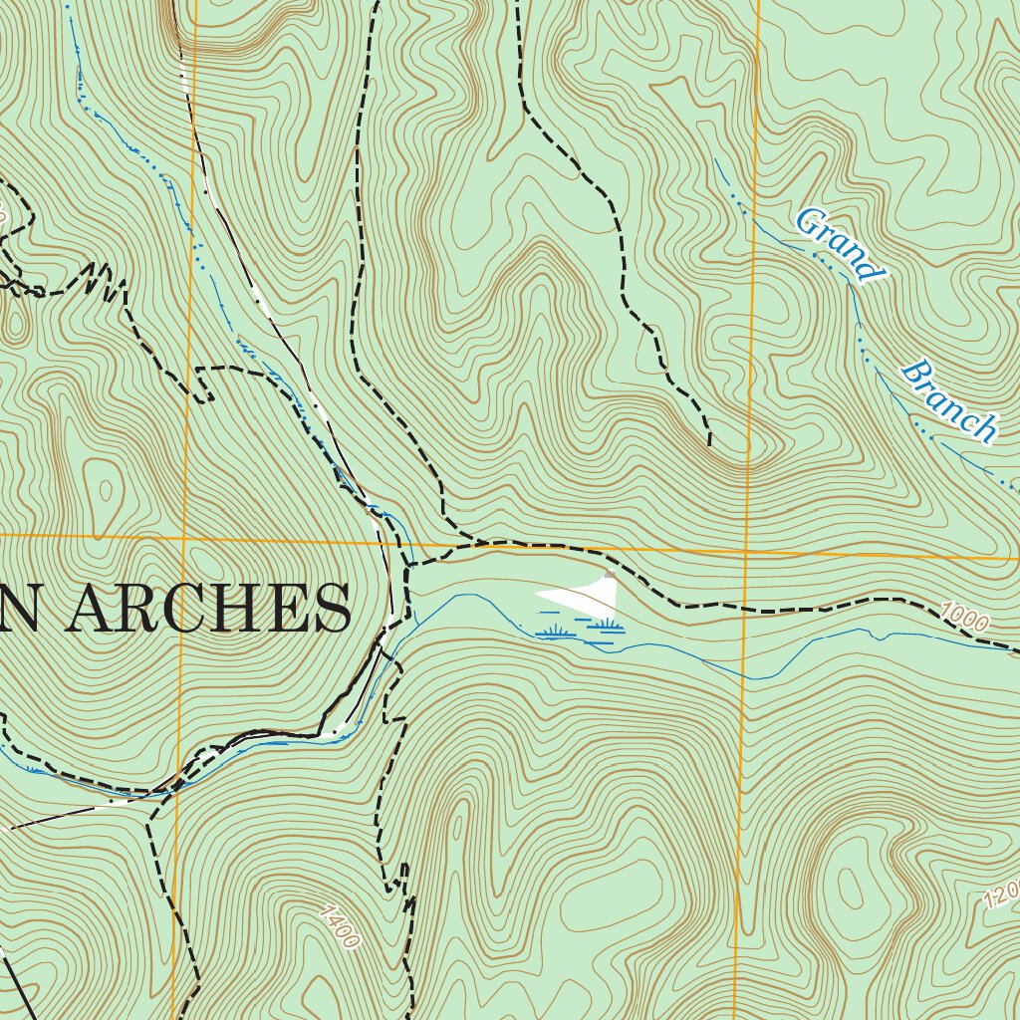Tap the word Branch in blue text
(947, 400)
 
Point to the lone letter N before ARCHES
(21, 609)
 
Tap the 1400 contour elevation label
(339, 926)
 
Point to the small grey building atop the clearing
(609, 575)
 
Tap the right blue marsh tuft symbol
(606, 626)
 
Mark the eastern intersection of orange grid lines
(746, 550)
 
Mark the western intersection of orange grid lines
(183, 538)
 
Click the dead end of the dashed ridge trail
(709, 443)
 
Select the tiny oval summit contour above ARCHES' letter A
(105, 493)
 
